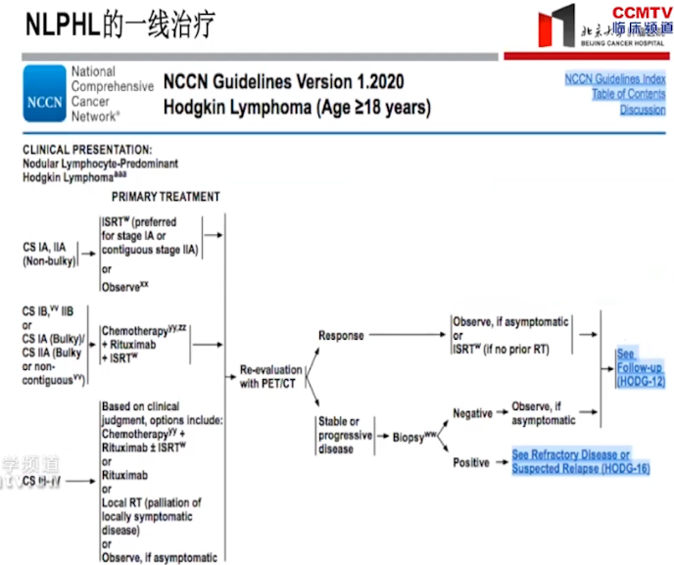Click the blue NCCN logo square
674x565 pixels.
click(43, 93)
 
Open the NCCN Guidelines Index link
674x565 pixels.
click(614, 78)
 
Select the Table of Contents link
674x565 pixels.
click(628, 94)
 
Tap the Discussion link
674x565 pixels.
click(642, 110)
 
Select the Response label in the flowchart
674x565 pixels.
click(341, 336)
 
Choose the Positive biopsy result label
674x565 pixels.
click(470, 462)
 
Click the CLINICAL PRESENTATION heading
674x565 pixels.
click(86, 149)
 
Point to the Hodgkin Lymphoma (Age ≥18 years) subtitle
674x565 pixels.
click(296, 107)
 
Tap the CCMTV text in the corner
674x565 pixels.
click(642, 13)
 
